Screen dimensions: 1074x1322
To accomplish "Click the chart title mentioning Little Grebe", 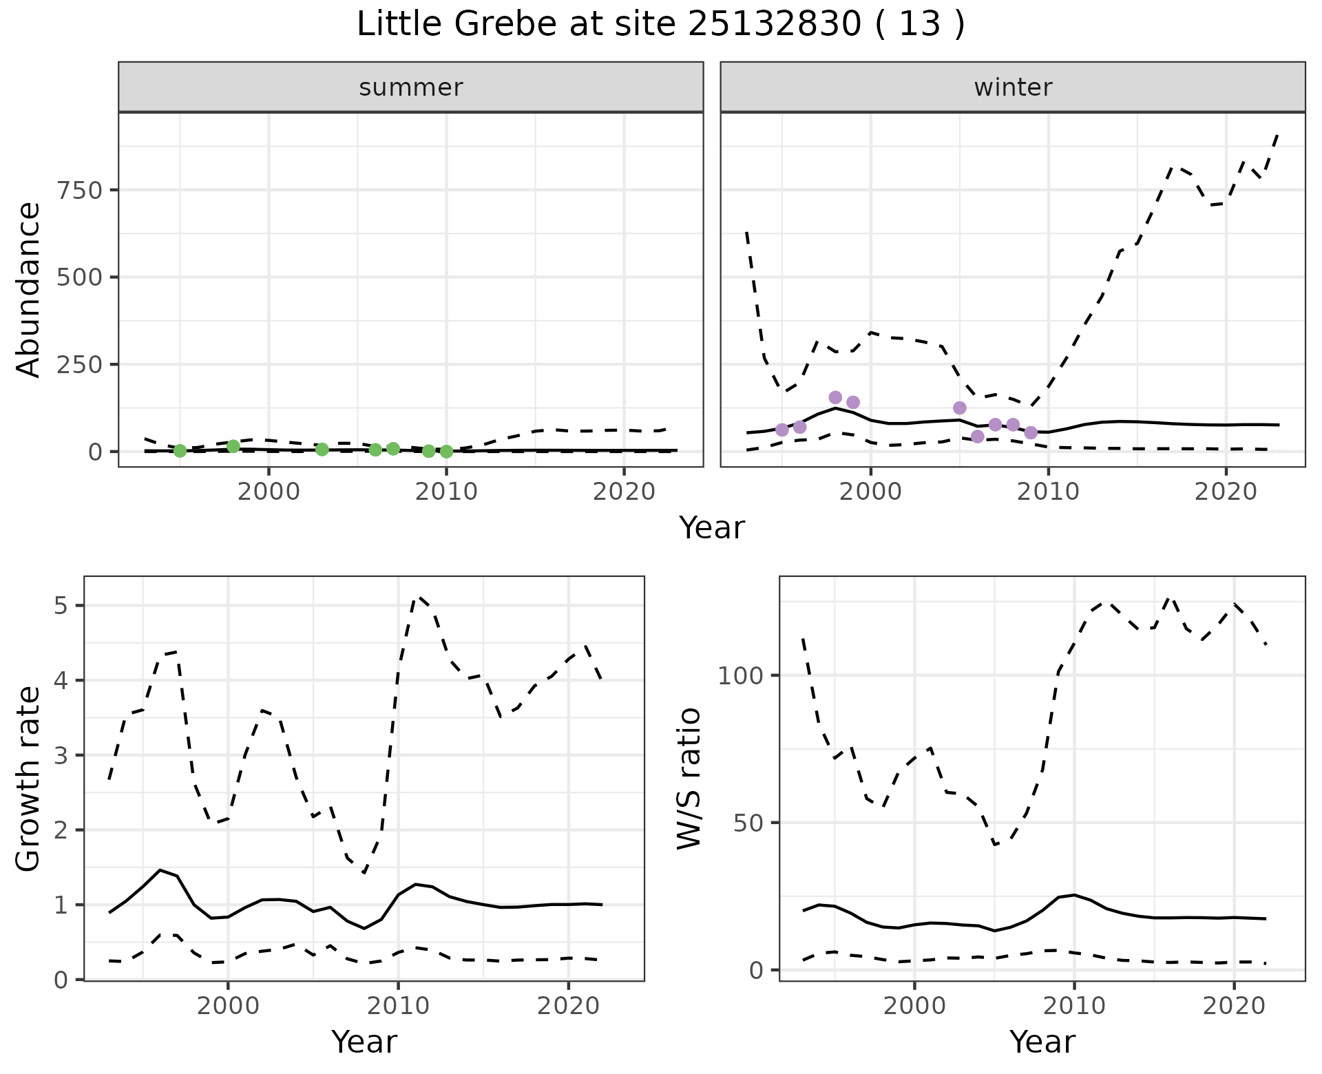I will (x=660, y=25).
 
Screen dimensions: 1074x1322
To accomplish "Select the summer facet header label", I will (x=410, y=87).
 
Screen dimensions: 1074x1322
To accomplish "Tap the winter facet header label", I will (x=1012, y=87).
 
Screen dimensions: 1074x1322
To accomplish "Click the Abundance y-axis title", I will (x=28, y=289).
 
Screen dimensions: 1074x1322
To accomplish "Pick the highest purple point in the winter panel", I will (x=835, y=397).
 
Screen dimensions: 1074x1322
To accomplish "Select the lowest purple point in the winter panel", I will (x=977, y=436).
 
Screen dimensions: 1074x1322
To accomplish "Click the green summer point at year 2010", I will (x=446, y=452).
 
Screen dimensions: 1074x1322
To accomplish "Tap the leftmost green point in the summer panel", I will (x=180, y=451).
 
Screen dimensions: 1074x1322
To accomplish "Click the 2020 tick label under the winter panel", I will (x=1225, y=492).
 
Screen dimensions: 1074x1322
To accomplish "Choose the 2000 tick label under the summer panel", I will (x=269, y=492).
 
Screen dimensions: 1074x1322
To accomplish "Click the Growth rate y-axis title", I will (x=28, y=778).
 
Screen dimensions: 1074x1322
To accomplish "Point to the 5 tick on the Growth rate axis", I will (x=61, y=606).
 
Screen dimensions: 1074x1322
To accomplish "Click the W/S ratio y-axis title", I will (x=689, y=778).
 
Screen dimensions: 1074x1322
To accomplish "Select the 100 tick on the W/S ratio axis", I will (x=741, y=675).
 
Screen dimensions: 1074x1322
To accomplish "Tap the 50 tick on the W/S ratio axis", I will (x=748, y=823).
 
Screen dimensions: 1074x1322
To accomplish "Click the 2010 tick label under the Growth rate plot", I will (x=397, y=1007).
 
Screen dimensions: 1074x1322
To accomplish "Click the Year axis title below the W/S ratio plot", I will (x=1042, y=1042).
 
